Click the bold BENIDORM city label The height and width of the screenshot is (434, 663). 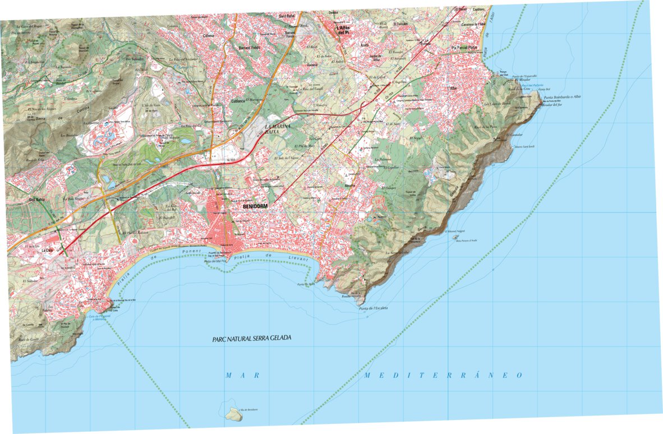(x=257, y=207)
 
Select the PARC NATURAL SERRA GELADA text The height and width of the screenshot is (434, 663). (x=252, y=339)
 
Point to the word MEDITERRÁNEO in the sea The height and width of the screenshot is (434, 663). (x=443, y=375)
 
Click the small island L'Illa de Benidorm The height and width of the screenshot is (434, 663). (x=234, y=414)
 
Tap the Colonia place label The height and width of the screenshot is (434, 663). (x=208, y=35)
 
